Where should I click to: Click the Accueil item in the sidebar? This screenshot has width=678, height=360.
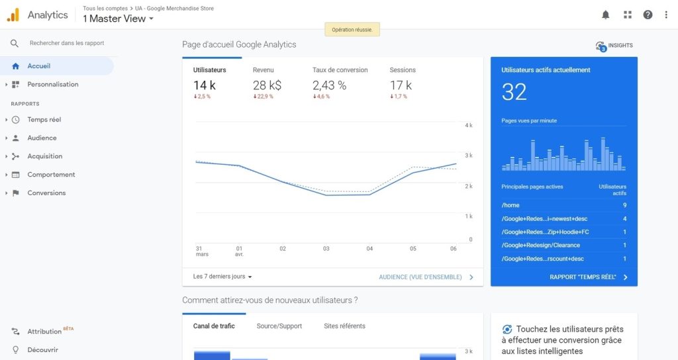tap(38, 66)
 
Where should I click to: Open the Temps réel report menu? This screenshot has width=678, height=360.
tap(44, 120)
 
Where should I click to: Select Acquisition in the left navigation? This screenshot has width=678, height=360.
tap(44, 156)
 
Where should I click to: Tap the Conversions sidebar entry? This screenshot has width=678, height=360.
tap(46, 193)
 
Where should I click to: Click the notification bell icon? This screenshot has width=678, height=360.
tap(605, 15)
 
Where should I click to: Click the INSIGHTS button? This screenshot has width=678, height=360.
tap(614, 46)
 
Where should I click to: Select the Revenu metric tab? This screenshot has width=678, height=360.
tap(263, 70)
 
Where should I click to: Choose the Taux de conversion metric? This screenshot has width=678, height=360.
tap(340, 70)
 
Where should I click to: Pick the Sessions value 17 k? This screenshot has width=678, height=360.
tap(401, 85)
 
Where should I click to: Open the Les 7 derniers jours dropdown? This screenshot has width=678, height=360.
tap(222, 277)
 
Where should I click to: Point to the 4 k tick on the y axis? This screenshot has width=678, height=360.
tap(469, 125)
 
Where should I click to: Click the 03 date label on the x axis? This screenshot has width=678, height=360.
tap(326, 249)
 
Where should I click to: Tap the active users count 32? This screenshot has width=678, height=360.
tap(514, 92)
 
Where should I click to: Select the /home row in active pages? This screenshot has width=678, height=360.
tap(563, 205)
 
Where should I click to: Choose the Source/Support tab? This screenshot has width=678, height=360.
tap(279, 326)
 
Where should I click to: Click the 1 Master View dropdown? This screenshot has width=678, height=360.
tap(119, 19)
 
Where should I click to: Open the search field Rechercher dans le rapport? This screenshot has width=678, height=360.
tap(66, 44)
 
